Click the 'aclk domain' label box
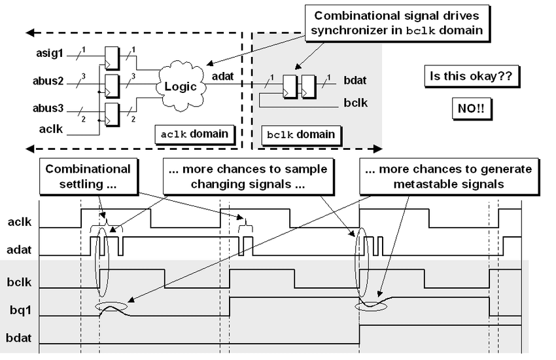(x=194, y=134)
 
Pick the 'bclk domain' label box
(x=301, y=135)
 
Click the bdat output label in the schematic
(x=355, y=81)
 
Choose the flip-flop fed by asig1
(x=113, y=57)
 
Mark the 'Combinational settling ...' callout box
(x=88, y=176)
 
